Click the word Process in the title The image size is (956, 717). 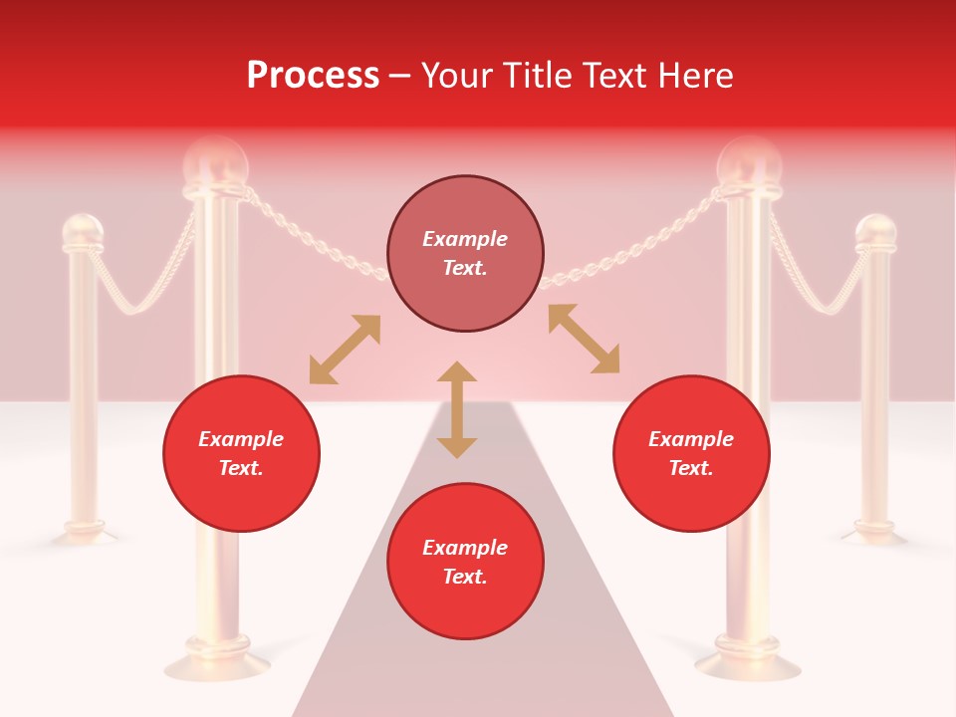pyautogui.click(x=313, y=76)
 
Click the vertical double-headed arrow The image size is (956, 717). pyautogui.click(x=457, y=409)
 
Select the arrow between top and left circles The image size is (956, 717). pyautogui.click(x=345, y=350)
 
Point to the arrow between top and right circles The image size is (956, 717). pyautogui.click(x=584, y=339)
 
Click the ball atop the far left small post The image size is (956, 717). pyautogui.click(x=83, y=232)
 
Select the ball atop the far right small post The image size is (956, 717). pyautogui.click(x=876, y=232)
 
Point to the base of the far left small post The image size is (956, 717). pyautogui.click(x=84, y=532)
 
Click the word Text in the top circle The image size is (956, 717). pyautogui.click(x=464, y=268)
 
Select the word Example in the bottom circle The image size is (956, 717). pyautogui.click(x=465, y=548)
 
